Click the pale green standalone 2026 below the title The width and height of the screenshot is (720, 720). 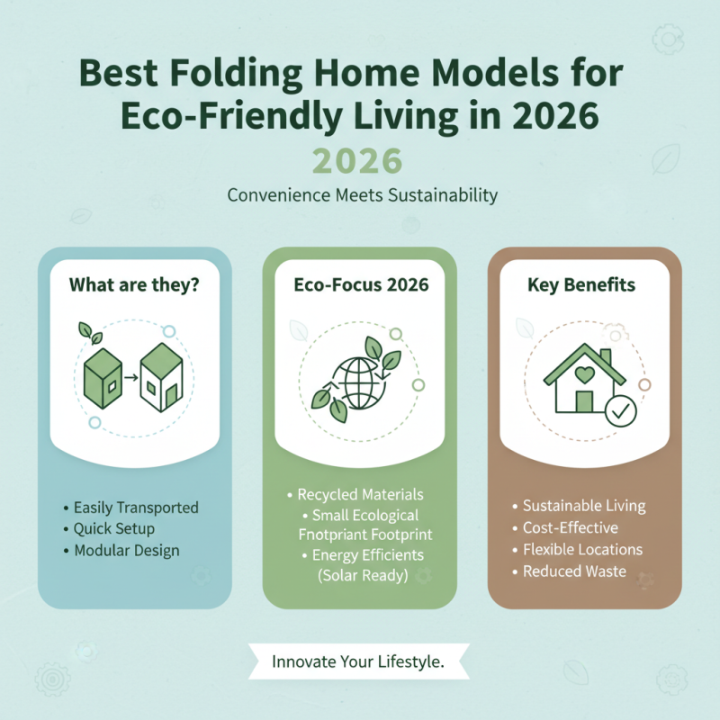point(358,161)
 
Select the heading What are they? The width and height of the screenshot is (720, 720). point(135,285)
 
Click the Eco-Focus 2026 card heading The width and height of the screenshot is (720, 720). point(361,285)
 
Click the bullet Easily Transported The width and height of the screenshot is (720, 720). point(136,508)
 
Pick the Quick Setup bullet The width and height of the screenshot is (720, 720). point(114,529)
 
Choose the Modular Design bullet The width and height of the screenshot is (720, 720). point(127,551)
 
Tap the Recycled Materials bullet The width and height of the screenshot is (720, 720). point(360,495)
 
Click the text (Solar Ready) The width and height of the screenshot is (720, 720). point(364,576)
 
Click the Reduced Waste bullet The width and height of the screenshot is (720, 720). point(574,571)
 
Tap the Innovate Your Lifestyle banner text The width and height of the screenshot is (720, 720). point(358,662)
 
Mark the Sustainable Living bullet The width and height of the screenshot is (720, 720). point(584,507)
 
